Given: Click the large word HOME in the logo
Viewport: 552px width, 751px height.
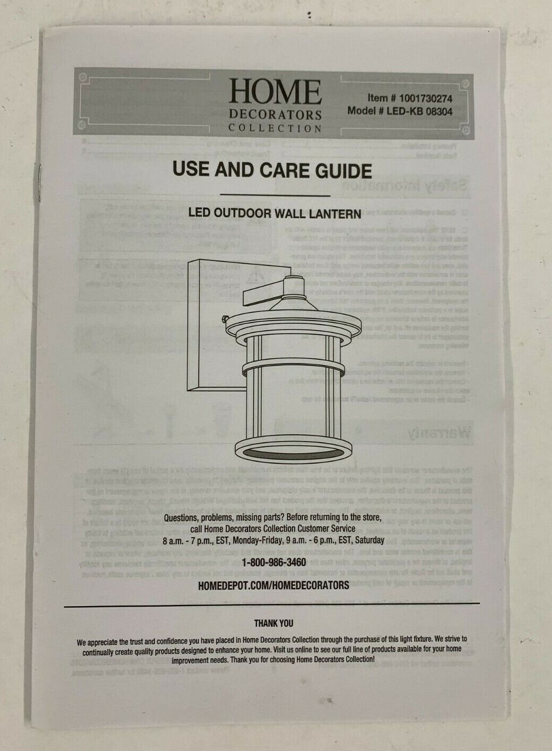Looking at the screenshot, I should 275,92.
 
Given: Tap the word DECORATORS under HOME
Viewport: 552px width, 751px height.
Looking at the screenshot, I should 275,115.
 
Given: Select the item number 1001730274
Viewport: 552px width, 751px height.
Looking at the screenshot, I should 425,98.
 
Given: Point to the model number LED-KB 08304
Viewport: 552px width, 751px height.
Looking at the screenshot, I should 419,111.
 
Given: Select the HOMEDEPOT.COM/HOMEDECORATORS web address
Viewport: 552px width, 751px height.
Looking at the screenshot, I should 273,585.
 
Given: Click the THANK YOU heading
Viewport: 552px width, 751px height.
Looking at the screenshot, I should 273,623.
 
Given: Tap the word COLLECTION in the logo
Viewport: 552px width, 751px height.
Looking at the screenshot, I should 275,128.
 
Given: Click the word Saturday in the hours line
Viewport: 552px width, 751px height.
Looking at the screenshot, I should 368,540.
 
